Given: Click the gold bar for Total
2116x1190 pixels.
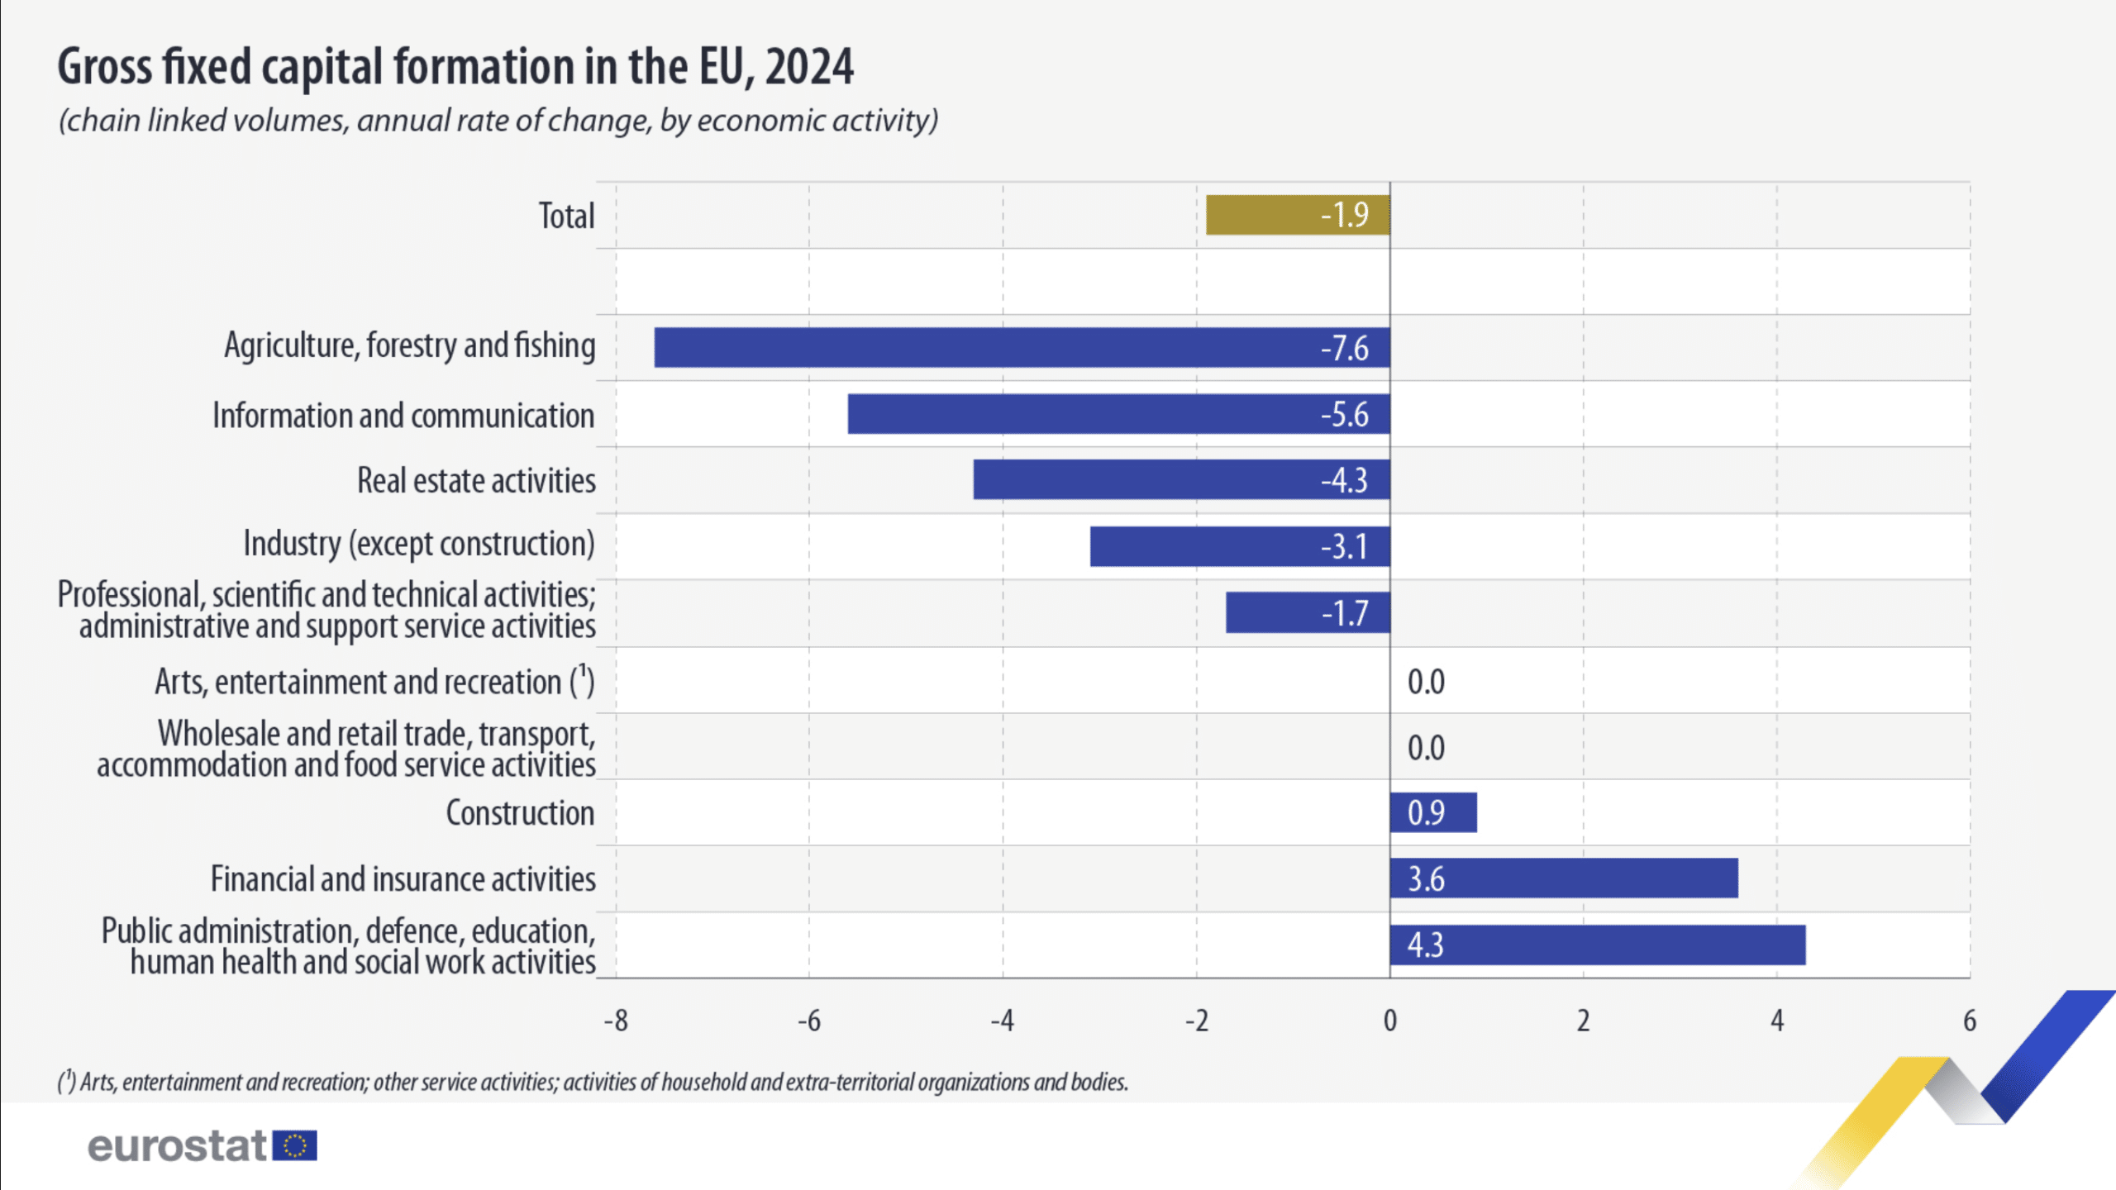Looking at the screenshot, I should coord(1298,215).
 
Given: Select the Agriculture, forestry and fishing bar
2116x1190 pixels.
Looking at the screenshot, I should coord(1022,347).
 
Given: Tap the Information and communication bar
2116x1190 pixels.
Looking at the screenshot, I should coord(1118,414).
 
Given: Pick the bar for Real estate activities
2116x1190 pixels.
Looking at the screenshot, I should coord(1181,480).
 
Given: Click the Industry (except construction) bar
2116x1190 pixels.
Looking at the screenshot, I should coord(1240,546).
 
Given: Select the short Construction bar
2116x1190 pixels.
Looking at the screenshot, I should coord(1433,812).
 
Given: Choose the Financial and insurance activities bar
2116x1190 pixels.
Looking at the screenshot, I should coord(1564,878).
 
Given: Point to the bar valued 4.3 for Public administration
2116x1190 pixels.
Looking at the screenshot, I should coord(1598,945).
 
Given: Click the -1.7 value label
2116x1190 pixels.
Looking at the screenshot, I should coord(1345,613).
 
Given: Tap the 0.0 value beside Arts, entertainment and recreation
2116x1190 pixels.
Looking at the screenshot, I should coord(1426,682).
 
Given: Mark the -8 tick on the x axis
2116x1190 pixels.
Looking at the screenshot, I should coord(616,1021).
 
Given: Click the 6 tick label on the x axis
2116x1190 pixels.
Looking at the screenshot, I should coord(1970,1021).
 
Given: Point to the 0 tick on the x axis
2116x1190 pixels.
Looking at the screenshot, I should coord(1390,1021).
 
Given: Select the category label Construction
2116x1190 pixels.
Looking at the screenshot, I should coord(520,813).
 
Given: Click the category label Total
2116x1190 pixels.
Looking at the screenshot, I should coord(566,216).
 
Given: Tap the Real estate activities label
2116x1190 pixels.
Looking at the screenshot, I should coord(476,481).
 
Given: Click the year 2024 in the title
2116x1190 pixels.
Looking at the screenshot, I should coord(809,67).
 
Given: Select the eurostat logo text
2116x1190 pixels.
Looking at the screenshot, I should coord(177,1146).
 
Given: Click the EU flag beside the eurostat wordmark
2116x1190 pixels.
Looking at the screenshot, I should coord(295,1146).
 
